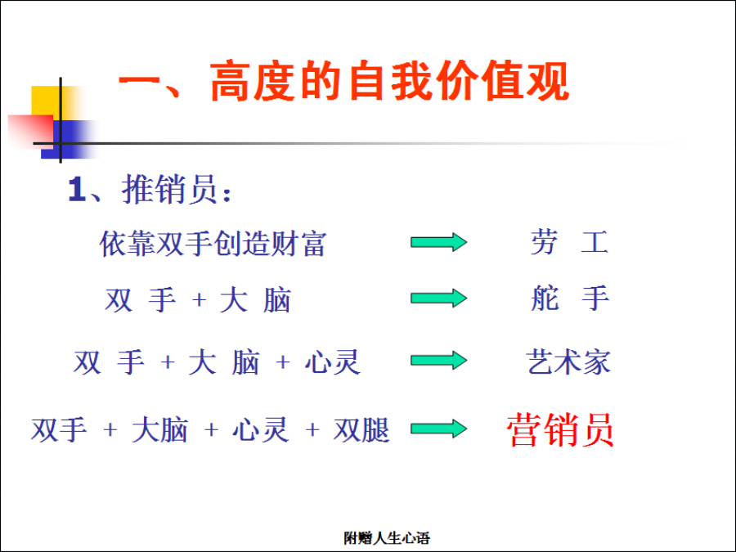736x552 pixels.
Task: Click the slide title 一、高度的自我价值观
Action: point(344,81)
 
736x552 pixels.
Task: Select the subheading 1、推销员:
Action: point(150,189)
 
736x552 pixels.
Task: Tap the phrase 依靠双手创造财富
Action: point(213,244)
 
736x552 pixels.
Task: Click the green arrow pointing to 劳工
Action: point(439,242)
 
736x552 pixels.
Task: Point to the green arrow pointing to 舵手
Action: point(439,298)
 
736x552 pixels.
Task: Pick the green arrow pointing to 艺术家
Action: point(439,361)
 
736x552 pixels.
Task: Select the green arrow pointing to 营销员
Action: point(439,429)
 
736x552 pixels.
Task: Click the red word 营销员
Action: point(560,429)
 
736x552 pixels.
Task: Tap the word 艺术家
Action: point(568,362)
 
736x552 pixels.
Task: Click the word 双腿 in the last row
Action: point(361,430)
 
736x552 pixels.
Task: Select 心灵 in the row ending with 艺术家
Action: point(332,362)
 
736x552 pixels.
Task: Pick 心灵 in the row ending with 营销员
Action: point(261,430)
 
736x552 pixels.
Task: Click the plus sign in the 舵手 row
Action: point(200,299)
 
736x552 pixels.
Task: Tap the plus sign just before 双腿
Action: point(312,429)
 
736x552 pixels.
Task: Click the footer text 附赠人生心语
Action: point(387,538)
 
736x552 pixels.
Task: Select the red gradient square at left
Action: point(31,132)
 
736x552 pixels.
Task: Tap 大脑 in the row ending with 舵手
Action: point(256,300)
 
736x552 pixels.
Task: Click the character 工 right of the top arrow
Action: point(595,242)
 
